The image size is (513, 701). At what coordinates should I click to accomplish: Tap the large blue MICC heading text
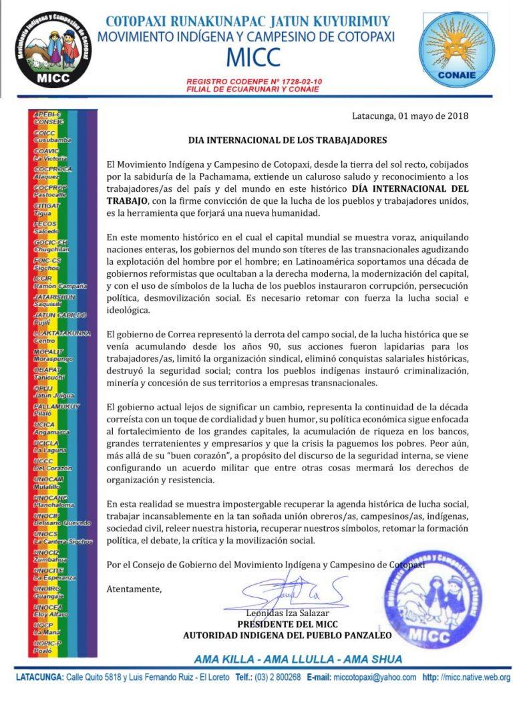coord(246,58)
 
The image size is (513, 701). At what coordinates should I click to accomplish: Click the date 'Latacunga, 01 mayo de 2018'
coord(410,116)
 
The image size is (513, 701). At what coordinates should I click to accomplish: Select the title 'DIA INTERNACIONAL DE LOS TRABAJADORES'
coord(287,141)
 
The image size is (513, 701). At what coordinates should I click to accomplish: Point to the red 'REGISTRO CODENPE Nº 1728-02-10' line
coord(254,82)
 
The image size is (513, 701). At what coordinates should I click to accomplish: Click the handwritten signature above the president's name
coord(294,592)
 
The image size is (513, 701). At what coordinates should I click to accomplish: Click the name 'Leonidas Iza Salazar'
coord(288,613)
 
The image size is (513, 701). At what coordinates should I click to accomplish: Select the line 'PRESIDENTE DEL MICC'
coord(288,624)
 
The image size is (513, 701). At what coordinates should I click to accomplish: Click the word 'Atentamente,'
coord(134,589)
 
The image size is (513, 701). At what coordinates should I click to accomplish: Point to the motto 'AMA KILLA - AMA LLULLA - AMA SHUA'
coord(298,659)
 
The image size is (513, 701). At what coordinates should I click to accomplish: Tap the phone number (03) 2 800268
coord(281,678)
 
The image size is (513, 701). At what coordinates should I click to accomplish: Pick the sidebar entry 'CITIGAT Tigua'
coord(48,208)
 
